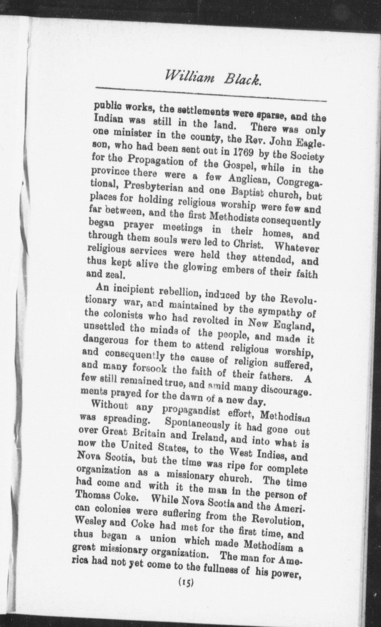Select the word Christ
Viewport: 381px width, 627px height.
click(245, 245)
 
